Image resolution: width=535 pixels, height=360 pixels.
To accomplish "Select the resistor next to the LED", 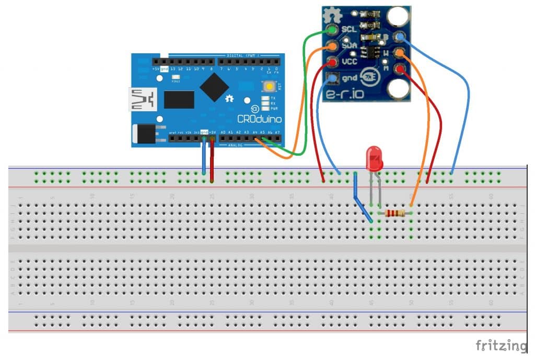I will [x=394, y=213].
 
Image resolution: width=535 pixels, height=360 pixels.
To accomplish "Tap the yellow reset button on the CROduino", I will [x=269, y=87].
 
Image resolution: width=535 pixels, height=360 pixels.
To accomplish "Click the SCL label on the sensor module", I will [x=348, y=29].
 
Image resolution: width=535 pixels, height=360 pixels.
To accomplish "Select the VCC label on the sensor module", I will [x=348, y=61].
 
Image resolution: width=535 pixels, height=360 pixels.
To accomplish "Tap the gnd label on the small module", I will [x=348, y=78].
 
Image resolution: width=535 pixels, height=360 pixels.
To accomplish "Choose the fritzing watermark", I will [x=501, y=345].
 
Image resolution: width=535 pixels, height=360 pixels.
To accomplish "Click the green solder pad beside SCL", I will [x=332, y=30].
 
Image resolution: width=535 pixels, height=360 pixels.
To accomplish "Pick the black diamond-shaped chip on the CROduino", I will [x=214, y=86].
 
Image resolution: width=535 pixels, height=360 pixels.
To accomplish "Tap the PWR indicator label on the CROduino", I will [x=274, y=109].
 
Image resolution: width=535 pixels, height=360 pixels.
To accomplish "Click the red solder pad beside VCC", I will [x=332, y=63].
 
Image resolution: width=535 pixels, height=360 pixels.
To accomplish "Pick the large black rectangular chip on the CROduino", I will [x=179, y=99].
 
